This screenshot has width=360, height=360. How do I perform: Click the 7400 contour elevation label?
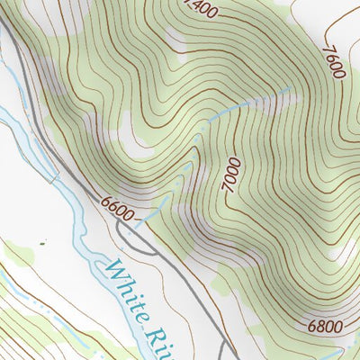(x=200, y=8)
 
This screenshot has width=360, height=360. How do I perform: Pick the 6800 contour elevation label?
(x=323, y=325)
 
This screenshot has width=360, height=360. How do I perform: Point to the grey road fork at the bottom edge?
(x=229, y=351)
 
